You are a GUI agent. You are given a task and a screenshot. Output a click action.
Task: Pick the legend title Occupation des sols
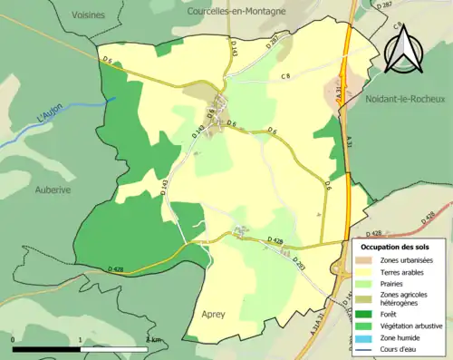[x=395, y=246]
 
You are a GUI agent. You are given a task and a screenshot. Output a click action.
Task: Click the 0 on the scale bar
[x=14, y=339]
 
